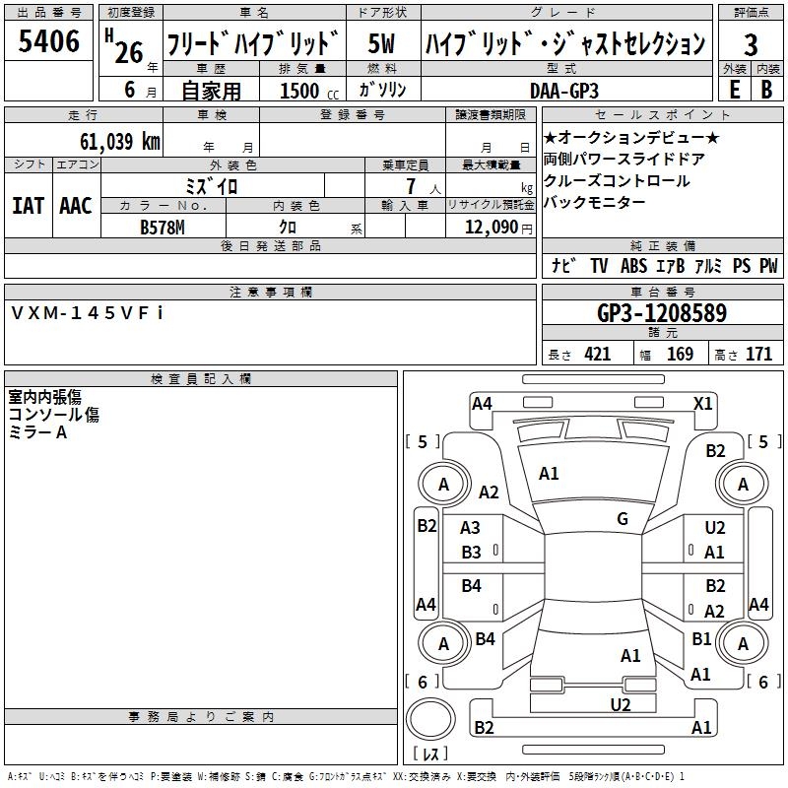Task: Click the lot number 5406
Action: pyautogui.click(x=49, y=42)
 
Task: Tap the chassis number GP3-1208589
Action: pyautogui.click(x=662, y=314)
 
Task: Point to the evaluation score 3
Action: pyautogui.click(x=751, y=44)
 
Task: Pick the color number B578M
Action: pyautogui.click(x=164, y=226)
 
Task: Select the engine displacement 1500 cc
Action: pyautogui.click(x=299, y=91)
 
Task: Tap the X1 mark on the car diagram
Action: pyautogui.click(x=703, y=403)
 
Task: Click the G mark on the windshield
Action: pyautogui.click(x=623, y=519)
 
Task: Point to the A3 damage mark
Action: pyautogui.click(x=471, y=529)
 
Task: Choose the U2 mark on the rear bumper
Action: pyautogui.click(x=620, y=704)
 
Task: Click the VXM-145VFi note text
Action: pyautogui.click(x=88, y=312)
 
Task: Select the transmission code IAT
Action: pyautogui.click(x=28, y=206)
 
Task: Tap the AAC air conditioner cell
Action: pyautogui.click(x=76, y=206)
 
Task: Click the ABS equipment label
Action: pyautogui.click(x=633, y=266)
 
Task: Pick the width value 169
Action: pyautogui.click(x=681, y=355)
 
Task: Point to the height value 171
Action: pyautogui.click(x=758, y=355)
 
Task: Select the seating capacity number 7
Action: pyautogui.click(x=410, y=185)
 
